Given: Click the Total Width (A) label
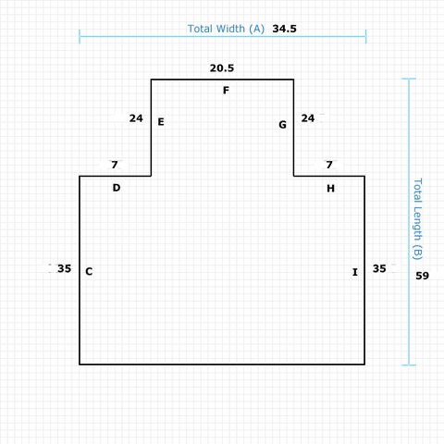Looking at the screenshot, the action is [x=226, y=29].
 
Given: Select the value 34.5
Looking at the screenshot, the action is [x=284, y=29].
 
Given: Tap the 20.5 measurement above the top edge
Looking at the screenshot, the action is [x=222, y=68].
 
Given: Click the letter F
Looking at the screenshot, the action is [x=226, y=91].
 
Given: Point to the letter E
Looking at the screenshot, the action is [x=161, y=122].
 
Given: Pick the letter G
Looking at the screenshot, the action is [x=282, y=125].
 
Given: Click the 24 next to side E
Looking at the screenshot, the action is [x=136, y=118].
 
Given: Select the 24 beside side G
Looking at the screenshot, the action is [x=308, y=118].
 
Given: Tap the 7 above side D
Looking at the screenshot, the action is [x=115, y=165].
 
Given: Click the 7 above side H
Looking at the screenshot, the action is [x=329, y=165].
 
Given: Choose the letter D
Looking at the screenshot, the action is [x=117, y=188].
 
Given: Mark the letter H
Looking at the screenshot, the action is [x=330, y=188].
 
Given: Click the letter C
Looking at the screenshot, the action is [x=89, y=271].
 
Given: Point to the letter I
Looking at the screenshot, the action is [x=355, y=272].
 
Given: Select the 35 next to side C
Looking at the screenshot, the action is [x=65, y=268].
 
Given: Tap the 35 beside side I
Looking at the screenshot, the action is [x=379, y=268].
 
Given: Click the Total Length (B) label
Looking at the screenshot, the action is [x=417, y=219].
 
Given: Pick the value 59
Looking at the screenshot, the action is [x=422, y=276].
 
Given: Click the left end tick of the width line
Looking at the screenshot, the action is [x=80, y=36].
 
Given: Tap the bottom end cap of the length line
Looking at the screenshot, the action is [x=409, y=365].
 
